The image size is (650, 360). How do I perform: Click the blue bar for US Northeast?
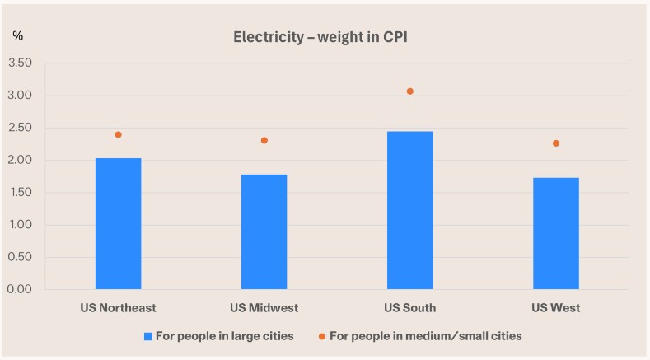click(118, 223)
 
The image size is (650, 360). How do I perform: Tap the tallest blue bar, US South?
click(409, 210)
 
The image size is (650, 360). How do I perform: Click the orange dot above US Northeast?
click(118, 134)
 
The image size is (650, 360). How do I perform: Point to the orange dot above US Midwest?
click(264, 140)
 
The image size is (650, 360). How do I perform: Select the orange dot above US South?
click(409, 91)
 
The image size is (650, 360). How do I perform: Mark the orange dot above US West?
click(555, 143)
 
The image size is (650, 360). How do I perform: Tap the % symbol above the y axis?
click(17, 35)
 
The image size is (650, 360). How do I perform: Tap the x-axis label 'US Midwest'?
click(264, 308)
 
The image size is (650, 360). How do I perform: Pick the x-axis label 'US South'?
click(409, 308)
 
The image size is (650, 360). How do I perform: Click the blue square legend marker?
click(148, 336)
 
